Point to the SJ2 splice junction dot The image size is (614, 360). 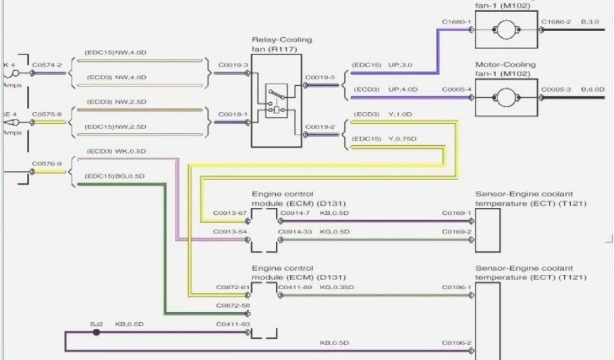coord(96,331)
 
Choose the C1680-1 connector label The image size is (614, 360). coord(456,22)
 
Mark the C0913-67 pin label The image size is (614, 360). coord(230,213)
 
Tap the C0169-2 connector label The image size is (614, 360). coord(456,232)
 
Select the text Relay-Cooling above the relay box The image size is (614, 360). coord(282,40)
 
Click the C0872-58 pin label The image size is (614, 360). coord(232,305)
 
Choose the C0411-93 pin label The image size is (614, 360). coord(233,324)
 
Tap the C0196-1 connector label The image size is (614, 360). coord(456,287)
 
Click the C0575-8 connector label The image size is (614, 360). coord(46,114)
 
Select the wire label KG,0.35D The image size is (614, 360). coord(337,287)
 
